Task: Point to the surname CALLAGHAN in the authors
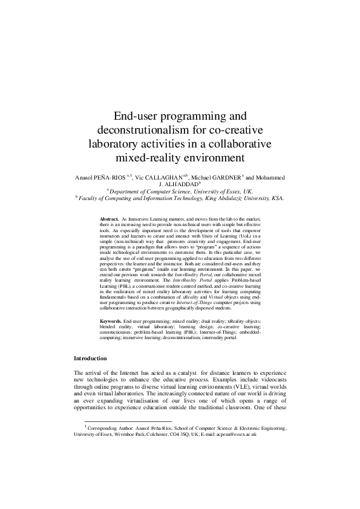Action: [171, 178]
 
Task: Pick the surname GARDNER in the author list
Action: [223, 178]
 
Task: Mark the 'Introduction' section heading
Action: [90, 358]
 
